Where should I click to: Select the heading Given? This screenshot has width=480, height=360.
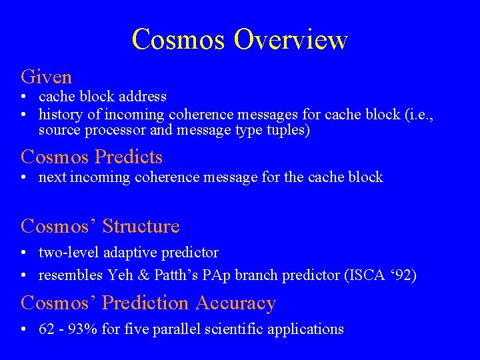coord(46,77)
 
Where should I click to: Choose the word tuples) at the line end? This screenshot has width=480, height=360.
coord(289,131)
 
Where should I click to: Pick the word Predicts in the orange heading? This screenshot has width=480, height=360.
coord(129,157)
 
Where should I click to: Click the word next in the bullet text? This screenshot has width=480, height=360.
coord(52,177)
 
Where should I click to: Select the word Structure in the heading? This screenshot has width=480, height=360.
coord(141,227)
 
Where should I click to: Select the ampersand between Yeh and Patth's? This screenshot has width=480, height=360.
coord(139,275)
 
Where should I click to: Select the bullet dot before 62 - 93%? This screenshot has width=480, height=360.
coord(24,329)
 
